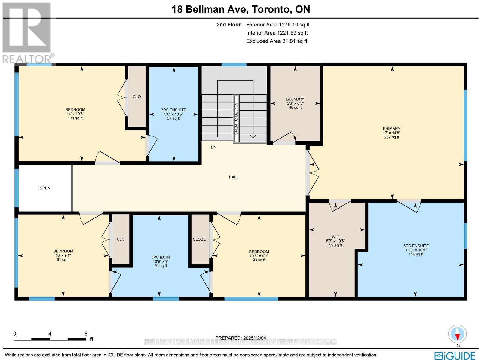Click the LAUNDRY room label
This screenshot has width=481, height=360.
[x=295, y=99]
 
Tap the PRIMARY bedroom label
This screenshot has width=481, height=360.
[x=392, y=128]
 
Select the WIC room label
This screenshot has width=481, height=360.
[x=335, y=237]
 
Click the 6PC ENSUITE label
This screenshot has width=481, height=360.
[x=416, y=246]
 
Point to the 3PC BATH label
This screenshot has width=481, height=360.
[x=160, y=257]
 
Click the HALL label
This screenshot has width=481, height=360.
[x=234, y=177]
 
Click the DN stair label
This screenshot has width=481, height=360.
[x=213, y=147]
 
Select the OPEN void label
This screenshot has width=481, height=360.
[x=45, y=188]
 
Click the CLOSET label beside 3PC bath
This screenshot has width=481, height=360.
[x=200, y=239]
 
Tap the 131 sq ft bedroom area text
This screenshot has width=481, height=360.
[x=75, y=118]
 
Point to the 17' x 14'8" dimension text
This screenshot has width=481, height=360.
[x=392, y=133]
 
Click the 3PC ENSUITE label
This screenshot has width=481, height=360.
[x=173, y=110]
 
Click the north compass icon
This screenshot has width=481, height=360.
[x=458, y=334]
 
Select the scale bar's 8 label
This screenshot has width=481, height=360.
[x=86, y=334]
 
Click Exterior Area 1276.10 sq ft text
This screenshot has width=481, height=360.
[x=278, y=25]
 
